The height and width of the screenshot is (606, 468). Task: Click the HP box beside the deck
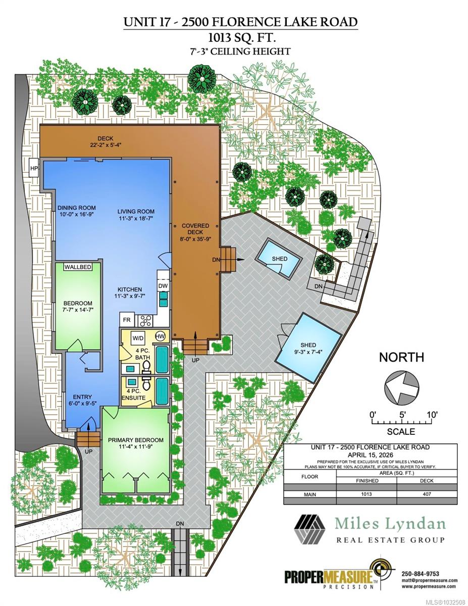(x=34, y=168)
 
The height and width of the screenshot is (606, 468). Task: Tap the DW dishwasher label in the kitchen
(x=163, y=286)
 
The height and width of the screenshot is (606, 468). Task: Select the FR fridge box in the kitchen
(x=126, y=320)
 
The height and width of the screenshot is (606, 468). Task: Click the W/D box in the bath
(x=138, y=337)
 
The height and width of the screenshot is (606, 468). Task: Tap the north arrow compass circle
(x=401, y=387)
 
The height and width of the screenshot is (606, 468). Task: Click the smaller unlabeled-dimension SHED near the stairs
(x=279, y=259)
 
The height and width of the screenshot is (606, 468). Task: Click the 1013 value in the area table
(x=366, y=494)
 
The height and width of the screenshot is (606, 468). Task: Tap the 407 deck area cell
(x=427, y=494)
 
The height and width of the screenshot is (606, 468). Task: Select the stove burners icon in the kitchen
(x=146, y=320)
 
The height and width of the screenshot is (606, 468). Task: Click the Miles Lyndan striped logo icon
(x=310, y=529)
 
